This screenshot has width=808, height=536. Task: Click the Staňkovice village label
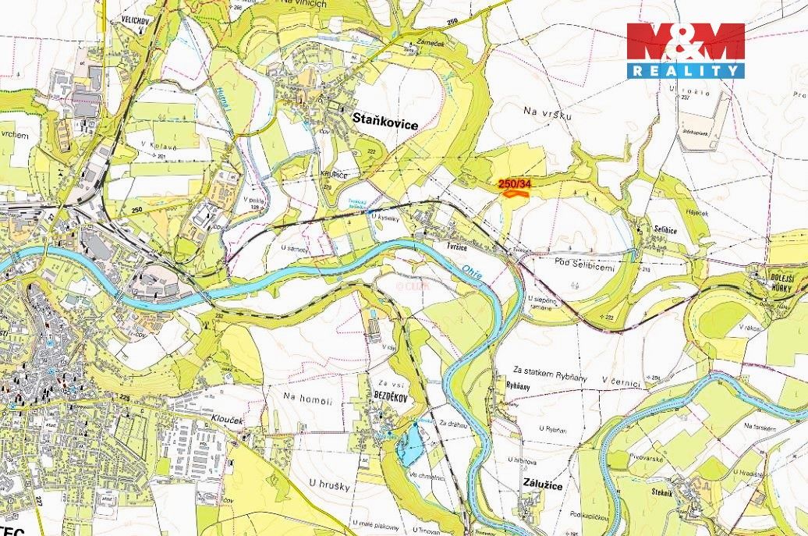coord(386,123)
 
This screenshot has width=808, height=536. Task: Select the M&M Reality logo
coord(686,50)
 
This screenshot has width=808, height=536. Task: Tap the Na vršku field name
coord(548,115)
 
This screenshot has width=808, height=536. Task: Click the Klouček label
coord(225,419)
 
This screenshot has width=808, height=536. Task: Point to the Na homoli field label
coord(308,400)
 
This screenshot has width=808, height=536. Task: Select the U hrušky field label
coord(332,485)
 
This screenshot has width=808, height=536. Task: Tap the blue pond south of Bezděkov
coord(409,445)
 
